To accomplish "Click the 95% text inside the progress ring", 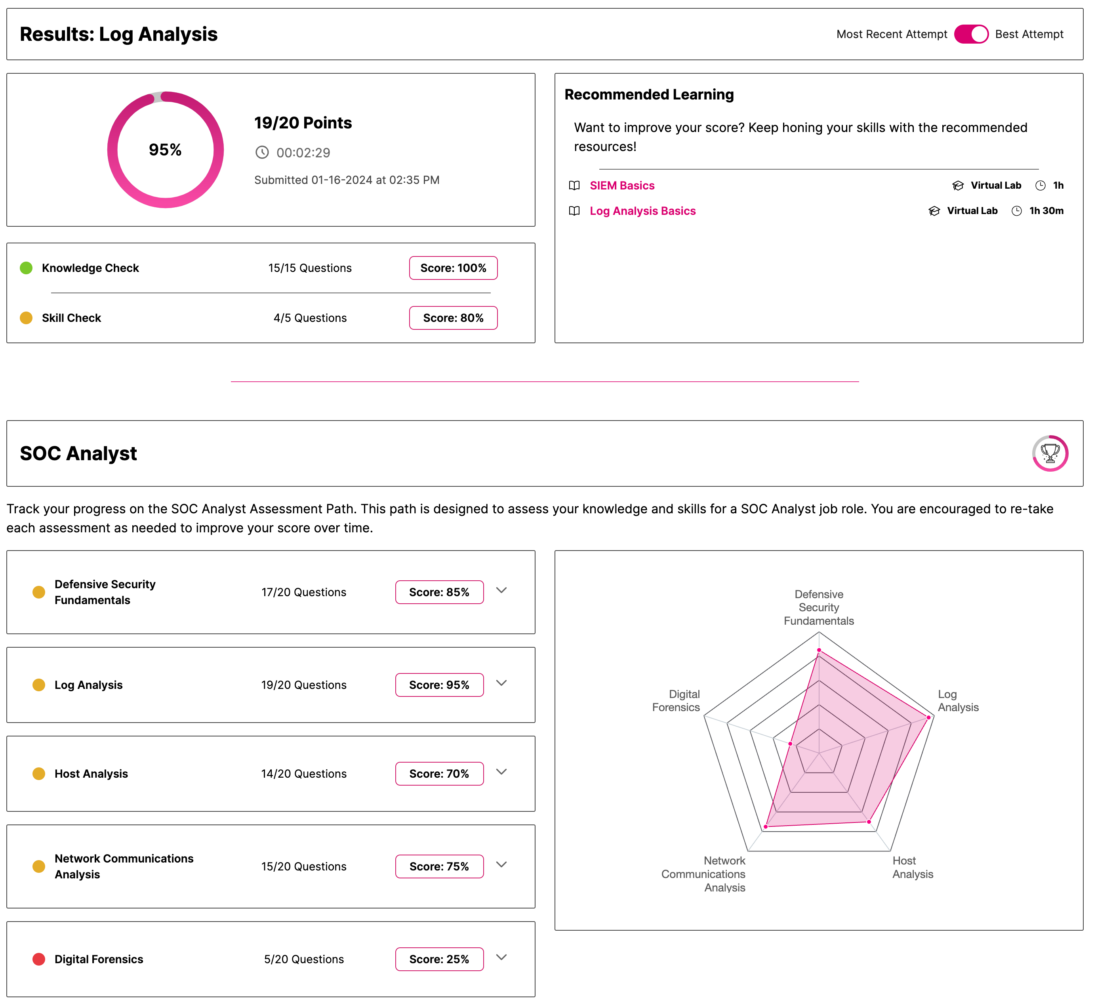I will tap(166, 150).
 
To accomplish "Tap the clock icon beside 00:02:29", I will tap(262, 153).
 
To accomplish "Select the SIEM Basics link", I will tap(622, 186).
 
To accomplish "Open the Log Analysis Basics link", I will tap(642, 211).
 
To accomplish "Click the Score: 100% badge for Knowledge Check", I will tap(453, 268).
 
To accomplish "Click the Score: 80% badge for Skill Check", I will tap(453, 318).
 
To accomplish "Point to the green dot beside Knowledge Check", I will tap(26, 268).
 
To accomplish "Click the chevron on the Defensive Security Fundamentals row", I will tap(501, 590).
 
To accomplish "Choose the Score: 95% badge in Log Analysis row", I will tap(439, 685).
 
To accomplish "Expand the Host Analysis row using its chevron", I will tap(501, 772).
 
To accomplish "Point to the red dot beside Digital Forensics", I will tap(39, 959).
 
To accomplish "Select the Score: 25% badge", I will tap(439, 959).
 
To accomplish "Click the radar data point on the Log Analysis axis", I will tap(928, 717).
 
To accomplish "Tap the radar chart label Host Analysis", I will tap(912, 867).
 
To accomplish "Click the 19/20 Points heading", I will tap(303, 123).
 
